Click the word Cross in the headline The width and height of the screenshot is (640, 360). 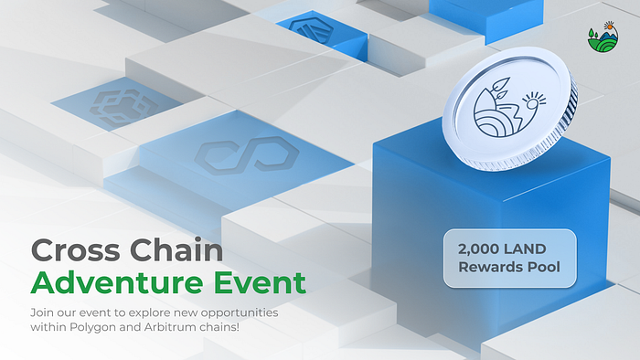pos(76,250)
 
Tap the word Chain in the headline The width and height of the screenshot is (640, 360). pos(176,249)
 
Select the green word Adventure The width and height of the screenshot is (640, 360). pos(117,282)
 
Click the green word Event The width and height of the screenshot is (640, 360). pos(260,282)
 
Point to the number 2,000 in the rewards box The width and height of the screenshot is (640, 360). pos(473,249)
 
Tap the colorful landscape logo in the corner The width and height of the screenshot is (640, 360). pos(603,37)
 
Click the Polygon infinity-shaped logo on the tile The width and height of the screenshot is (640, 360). pos(247,155)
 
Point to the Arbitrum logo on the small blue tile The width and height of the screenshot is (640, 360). pos(312,30)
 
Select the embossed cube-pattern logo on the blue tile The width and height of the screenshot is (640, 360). pos(123,107)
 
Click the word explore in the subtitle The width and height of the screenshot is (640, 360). pos(149,313)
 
